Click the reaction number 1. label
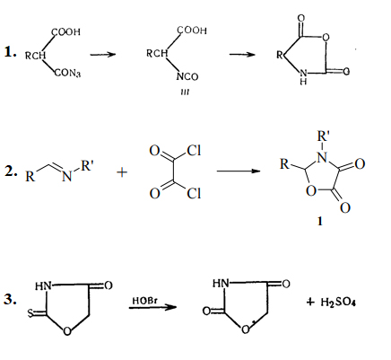pyautogui.click(x=10, y=52)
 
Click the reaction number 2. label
pyautogui.click(x=11, y=171)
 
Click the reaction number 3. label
pyautogui.click(x=10, y=299)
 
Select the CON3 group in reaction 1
pyautogui.click(x=67, y=73)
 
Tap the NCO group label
pyautogui.click(x=187, y=76)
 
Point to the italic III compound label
pyautogui.click(x=185, y=92)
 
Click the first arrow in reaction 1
pyautogui.click(x=103, y=55)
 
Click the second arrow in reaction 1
pyautogui.click(x=242, y=55)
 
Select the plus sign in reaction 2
pyautogui.click(x=122, y=172)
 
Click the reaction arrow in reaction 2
pyautogui.click(x=239, y=171)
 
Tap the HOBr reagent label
pyautogui.click(x=144, y=301)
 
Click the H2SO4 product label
pyautogui.click(x=338, y=302)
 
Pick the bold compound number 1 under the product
pyautogui.click(x=320, y=221)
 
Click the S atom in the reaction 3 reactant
pyautogui.click(x=30, y=313)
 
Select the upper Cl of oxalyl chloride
pyautogui.click(x=194, y=151)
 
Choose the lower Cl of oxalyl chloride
pyautogui.click(x=194, y=194)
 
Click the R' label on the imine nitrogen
pyautogui.click(x=87, y=165)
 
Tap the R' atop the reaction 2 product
pyautogui.click(x=323, y=136)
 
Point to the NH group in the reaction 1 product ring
pyautogui.click(x=303, y=76)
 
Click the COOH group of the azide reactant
pyautogui.click(x=66, y=32)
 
